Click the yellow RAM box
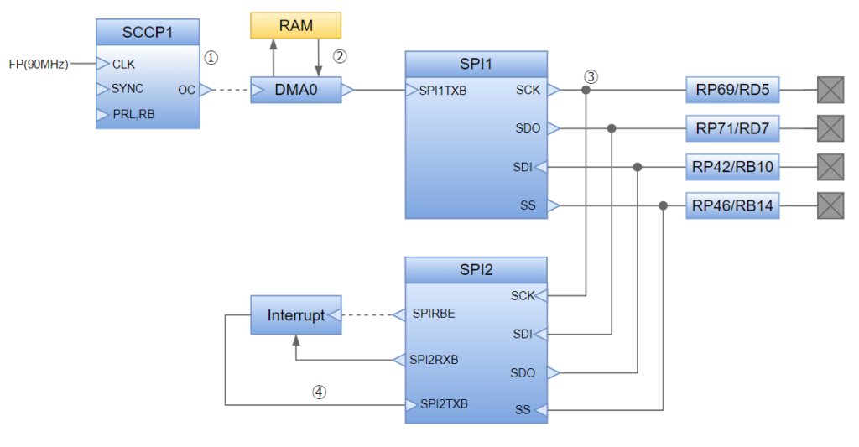click(x=296, y=25)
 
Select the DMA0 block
click(x=296, y=90)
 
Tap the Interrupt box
click(x=295, y=315)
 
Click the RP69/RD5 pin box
click(x=732, y=90)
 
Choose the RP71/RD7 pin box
click(x=732, y=128)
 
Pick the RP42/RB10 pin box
click(x=732, y=168)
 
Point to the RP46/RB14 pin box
click(x=732, y=205)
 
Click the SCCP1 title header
click(x=148, y=32)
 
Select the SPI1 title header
click(x=476, y=64)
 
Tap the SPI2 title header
click(x=476, y=270)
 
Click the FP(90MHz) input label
click(x=38, y=63)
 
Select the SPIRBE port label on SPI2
click(x=433, y=314)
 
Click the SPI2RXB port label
click(x=434, y=360)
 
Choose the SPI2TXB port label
click(x=444, y=404)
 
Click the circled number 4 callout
click(x=319, y=391)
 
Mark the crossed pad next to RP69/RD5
click(x=830, y=90)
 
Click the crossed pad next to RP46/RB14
click(x=830, y=205)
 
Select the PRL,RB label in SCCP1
click(x=133, y=115)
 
